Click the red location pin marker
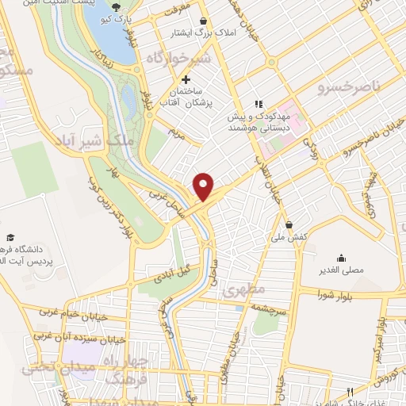coord(204,186)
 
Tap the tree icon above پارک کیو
coord(117,7)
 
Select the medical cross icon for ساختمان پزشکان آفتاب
coord(186,79)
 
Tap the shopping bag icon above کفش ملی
coord(290,224)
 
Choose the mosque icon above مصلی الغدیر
coord(341,258)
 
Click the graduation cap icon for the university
coord(11,237)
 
